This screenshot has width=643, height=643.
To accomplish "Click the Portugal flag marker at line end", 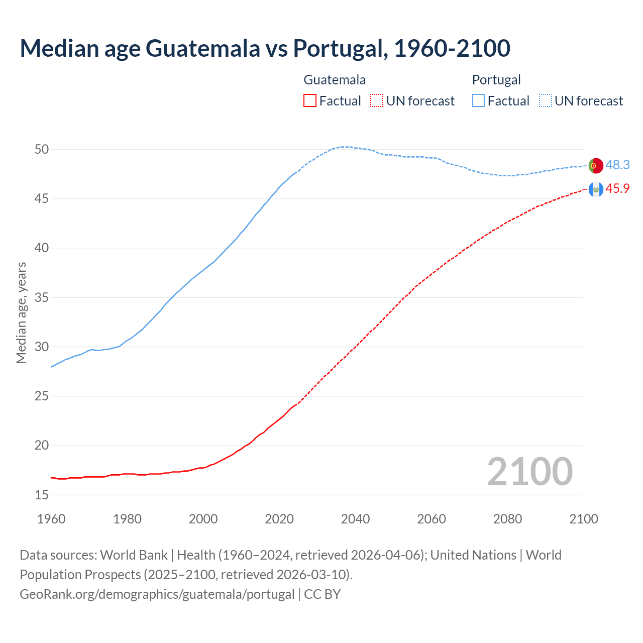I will coord(596,165).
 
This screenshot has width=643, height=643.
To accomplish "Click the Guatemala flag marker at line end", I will coord(596,189).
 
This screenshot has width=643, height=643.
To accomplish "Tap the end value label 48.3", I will coord(617,165).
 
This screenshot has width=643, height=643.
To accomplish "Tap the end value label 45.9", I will coord(617,188).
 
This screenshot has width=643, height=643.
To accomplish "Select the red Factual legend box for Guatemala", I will coord(310,101).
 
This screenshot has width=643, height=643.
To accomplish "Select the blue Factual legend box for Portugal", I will coord(479,101).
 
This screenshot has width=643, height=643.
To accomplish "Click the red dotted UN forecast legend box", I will coord(377,101).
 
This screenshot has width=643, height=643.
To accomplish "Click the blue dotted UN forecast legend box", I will coord(546,101).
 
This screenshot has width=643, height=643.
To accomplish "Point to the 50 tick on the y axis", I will coord(42,149).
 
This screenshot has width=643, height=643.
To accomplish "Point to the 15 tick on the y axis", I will coord(42,495).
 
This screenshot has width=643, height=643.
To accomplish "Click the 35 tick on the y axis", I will coord(42,297).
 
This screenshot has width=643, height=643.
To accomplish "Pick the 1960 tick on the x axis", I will coord(51,519).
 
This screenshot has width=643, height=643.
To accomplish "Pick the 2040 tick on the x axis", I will coord(355,519).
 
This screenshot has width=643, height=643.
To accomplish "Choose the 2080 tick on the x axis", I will coord(507,519).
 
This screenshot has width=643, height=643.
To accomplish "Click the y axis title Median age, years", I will coord(21,312).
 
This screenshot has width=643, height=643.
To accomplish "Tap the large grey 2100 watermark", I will coord(529,471).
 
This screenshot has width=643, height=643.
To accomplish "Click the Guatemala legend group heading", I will coord(335,80).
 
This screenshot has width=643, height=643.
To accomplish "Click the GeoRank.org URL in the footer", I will coord(157,594).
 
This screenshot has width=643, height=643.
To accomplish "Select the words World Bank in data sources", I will coord(134,555).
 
